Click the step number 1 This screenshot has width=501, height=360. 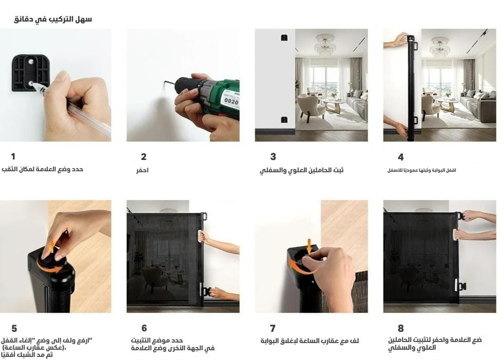click(x=13, y=156)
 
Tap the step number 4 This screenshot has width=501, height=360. click(x=401, y=157)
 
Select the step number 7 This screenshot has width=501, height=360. click(x=273, y=328)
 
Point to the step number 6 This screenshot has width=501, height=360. click(x=144, y=328)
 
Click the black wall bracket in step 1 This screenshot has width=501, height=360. click(x=30, y=73)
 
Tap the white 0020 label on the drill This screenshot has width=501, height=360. click(x=231, y=99)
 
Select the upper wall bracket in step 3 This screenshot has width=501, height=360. click(x=284, y=37)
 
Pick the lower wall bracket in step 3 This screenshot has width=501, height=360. click(x=284, y=119)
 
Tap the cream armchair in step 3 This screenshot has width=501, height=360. click(x=309, y=106)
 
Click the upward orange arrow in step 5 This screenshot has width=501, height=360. click(x=52, y=246)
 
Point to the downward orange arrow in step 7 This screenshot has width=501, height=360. click(x=309, y=247)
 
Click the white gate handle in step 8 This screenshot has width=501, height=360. click(x=455, y=234)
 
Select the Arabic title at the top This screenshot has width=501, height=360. click(x=53, y=19)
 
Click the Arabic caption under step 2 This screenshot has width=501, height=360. click(x=142, y=170)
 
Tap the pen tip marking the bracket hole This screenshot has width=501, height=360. click(x=33, y=84)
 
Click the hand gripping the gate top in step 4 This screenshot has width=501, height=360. click(x=396, y=40)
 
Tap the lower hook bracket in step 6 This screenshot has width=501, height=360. click(x=206, y=291)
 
